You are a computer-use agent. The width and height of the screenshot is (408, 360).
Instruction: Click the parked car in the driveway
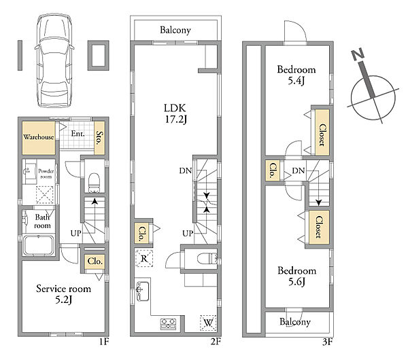[54, 60]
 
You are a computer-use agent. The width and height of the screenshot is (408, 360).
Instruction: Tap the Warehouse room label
[39, 137]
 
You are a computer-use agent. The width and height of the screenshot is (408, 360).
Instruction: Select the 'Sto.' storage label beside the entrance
[99, 138]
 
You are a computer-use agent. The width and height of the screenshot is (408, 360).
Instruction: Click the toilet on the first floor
[94, 182]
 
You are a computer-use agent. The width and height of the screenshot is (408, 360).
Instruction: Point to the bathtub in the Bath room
[39, 245]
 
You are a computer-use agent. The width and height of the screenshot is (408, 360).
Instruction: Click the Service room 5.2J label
[63, 294]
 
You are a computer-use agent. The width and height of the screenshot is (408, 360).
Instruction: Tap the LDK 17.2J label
[175, 113]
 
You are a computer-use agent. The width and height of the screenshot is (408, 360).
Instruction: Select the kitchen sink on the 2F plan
[143, 291]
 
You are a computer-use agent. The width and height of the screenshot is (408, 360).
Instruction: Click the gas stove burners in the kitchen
[169, 324]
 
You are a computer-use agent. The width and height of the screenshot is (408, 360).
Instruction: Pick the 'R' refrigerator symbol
[144, 258]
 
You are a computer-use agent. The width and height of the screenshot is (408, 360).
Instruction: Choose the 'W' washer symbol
[208, 323]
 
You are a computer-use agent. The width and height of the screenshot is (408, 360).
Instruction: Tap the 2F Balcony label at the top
[175, 30]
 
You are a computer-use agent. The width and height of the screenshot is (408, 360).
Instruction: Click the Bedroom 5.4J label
[296, 75]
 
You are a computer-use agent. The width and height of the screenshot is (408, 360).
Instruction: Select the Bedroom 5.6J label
[296, 276]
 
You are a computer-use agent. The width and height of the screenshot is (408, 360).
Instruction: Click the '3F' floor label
[328, 342]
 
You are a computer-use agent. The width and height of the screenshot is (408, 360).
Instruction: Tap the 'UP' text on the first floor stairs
[76, 233]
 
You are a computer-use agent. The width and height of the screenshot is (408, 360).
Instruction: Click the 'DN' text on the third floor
[299, 170]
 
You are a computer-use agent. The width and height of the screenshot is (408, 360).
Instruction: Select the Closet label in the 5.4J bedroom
[322, 135]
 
